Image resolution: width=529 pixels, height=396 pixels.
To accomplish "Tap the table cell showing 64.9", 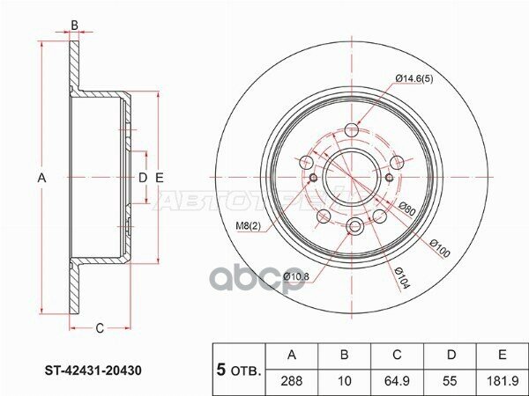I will (x=397, y=380).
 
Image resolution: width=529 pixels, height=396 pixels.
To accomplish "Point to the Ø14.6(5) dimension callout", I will (x=414, y=79).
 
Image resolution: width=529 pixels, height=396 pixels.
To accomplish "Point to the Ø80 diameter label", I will (x=406, y=211).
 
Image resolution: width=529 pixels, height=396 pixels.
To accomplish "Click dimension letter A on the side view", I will (x=41, y=179).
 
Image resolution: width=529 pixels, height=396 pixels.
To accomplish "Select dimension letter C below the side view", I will (x=100, y=328).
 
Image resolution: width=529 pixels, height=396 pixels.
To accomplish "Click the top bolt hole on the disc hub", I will (x=353, y=131).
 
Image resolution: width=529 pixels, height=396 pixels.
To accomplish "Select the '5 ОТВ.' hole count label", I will (x=239, y=369).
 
